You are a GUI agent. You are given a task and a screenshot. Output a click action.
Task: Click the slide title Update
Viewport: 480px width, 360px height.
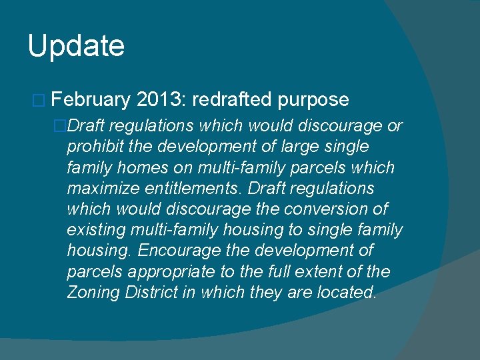pos(76,47)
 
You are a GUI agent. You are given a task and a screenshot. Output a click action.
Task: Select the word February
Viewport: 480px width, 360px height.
pos(90,100)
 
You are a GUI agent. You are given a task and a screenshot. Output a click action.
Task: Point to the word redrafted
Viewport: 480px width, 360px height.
pos(233,100)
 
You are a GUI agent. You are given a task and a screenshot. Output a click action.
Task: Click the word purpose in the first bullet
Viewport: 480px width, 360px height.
pos(313,100)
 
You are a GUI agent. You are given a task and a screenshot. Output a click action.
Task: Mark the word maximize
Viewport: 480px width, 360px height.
pos(97,189)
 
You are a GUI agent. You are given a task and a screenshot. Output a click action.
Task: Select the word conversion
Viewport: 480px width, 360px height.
pos(324,209)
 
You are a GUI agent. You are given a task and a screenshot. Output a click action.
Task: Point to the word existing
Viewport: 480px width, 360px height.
pos(91,231)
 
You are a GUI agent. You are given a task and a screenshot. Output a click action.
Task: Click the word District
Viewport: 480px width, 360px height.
pos(146,293)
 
